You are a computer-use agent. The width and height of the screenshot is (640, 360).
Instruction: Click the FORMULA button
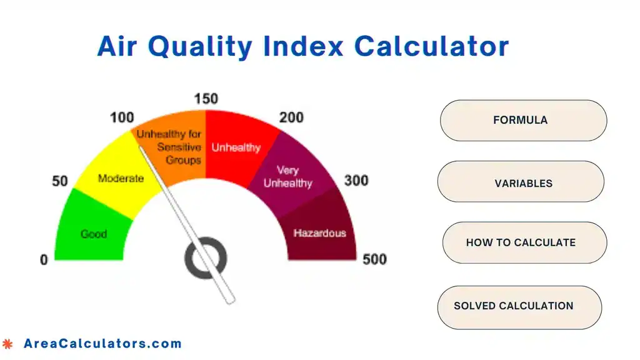coord(523,120)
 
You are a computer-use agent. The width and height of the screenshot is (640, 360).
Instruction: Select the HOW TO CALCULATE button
coord(524,242)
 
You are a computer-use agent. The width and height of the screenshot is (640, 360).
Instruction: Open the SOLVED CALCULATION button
coord(519,306)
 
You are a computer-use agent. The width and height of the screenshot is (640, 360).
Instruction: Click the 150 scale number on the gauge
coord(206,99)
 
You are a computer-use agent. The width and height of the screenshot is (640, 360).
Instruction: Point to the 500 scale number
coord(374,259)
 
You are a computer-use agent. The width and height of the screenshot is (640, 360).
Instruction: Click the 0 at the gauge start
coord(44,259)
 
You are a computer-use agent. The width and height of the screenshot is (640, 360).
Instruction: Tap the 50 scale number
coord(60,181)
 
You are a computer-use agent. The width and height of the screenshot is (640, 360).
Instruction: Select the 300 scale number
coord(356,181)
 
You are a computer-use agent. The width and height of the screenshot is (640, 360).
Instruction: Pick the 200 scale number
coord(291,117)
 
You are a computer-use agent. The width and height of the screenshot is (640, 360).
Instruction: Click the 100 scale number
coord(122,117)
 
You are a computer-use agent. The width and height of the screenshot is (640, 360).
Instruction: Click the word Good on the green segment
coord(94,234)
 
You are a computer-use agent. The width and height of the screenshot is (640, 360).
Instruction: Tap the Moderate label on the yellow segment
coord(121,179)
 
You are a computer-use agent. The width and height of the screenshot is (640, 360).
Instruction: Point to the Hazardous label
coord(319,233)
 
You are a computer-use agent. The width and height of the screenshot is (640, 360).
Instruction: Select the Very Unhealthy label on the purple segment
coord(287,177)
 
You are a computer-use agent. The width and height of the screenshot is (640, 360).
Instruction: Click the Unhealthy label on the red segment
coord(236,148)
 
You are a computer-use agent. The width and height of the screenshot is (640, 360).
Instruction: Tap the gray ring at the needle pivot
coord(206,257)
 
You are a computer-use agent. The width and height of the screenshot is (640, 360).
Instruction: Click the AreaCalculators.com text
coord(102,343)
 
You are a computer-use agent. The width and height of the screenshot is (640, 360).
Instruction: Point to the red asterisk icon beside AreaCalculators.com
coord(7,343)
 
